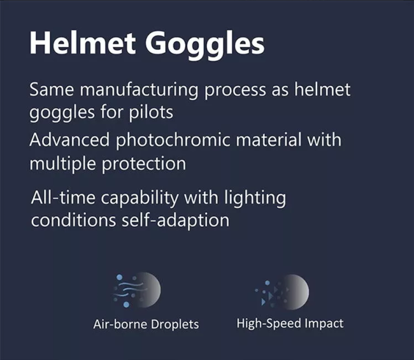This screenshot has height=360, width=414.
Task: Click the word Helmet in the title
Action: pyautogui.click(x=83, y=43)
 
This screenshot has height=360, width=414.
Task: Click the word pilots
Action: pyautogui.click(x=151, y=112)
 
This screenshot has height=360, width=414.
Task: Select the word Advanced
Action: pyautogui.click(x=69, y=140)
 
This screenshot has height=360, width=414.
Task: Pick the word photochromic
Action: pyautogui.click(x=173, y=141)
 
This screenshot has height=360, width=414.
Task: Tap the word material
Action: pyautogui.click(x=269, y=140)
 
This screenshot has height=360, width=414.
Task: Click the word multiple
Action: pyautogui.click(x=62, y=164)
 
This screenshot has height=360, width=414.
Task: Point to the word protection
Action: pyautogui.click(x=144, y=164)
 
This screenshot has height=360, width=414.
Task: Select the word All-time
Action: pyautogui.click(x=63, y=198)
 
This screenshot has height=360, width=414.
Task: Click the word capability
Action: pyautogui.click(x=139, y=199)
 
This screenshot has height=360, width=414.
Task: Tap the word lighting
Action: pyautogui.click(x=255, y=199)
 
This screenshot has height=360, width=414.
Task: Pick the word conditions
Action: pyautogui.click(x=73, y=220)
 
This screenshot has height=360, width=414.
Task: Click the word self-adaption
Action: pyautogui.click(x=176, y=221)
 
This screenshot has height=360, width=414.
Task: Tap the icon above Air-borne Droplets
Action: pyautogui.click(x=137, y=290)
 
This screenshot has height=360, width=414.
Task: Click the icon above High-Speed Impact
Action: pyautogui.click(x=282, y=292)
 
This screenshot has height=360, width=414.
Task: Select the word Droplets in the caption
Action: pyautogui.click(x=175, y=324)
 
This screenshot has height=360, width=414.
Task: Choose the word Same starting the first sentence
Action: pyautogui.click(x=52, y=90)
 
